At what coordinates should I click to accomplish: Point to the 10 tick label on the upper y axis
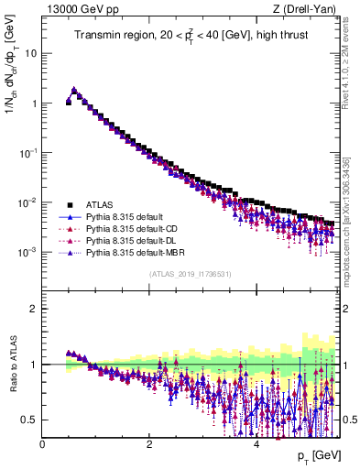[x=30, y=53]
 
